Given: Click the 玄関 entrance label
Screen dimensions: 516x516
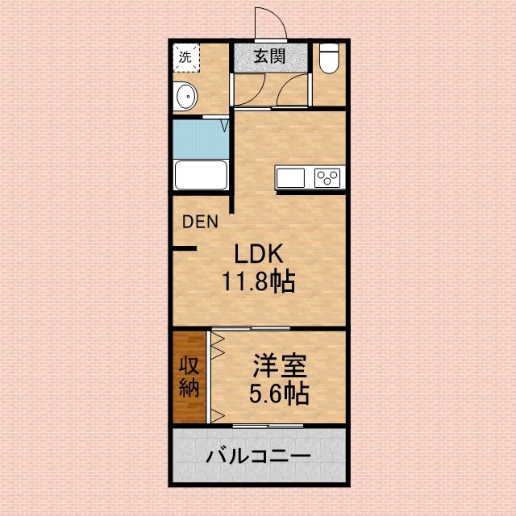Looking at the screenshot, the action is tap(269, 56).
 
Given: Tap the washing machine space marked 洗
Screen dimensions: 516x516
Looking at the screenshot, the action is tap(186, 57).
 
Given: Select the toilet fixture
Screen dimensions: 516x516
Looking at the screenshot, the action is tap(329, 58).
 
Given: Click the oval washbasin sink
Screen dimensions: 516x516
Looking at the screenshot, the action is tap(186, 97).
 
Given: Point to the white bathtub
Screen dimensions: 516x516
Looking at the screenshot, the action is tap(201, 175).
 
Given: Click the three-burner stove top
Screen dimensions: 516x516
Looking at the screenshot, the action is tap(327, 177).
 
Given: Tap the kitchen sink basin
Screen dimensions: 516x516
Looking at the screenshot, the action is tap(290, 177).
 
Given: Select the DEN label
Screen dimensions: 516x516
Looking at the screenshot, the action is tap(200, 222).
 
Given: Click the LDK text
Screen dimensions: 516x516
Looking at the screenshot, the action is tap(258, 254).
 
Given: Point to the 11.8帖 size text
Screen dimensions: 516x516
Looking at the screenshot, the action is tap(259, 281).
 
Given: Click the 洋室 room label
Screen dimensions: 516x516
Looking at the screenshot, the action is tap(280, 365).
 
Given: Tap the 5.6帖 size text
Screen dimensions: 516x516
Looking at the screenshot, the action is tap(279, 393).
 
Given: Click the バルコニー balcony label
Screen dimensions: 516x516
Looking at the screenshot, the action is tap(259, 456).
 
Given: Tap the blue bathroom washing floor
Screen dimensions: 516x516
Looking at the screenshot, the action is tap(201, 139).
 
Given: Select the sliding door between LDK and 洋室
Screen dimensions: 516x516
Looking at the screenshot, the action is tap(251, 328).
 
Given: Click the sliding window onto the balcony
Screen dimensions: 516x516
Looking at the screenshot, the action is tap(268, 427).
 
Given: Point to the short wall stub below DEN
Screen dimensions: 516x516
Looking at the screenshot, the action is tap(185, 248).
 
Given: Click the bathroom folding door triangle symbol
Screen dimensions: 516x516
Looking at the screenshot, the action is tap(224, 126).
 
